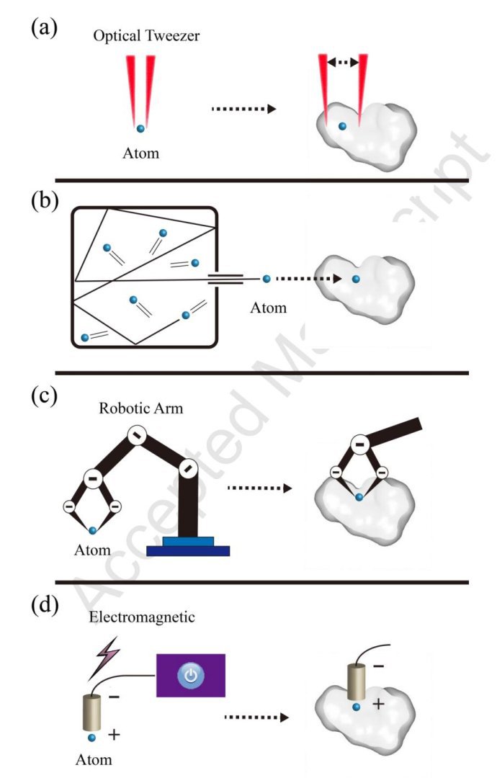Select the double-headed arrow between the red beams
[343, 63]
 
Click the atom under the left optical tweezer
[141, 128]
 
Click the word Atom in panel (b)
[268, 308]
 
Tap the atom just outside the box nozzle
[267, 278]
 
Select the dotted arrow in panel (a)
[243, 109]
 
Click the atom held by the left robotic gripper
[92, 531]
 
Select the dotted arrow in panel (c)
[259, 488]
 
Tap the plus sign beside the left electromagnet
[113, 734]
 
